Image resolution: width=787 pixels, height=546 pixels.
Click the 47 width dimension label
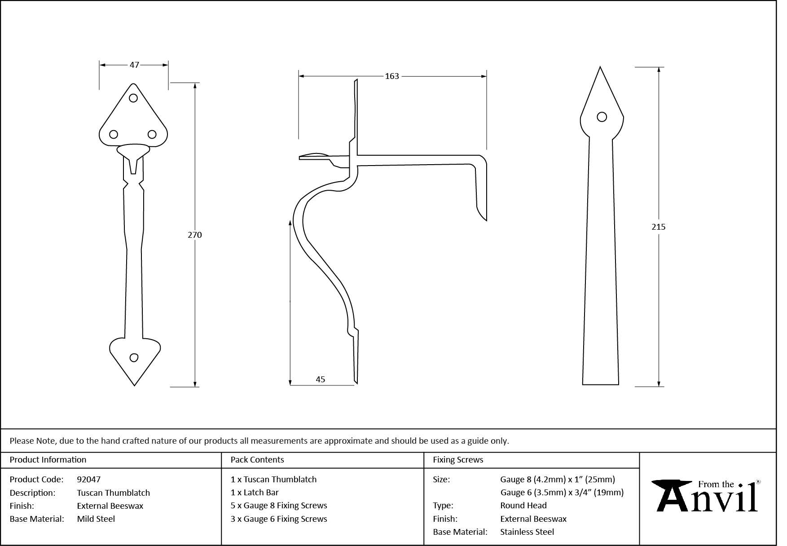(134, 65)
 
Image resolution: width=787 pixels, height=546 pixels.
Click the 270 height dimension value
(194, 235)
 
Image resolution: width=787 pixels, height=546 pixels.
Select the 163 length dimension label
(391, 76)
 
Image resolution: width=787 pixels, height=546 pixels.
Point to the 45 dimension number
(320, 379)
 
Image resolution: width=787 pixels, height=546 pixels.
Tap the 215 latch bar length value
(658, 227)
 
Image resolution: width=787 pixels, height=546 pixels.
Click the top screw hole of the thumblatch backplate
(133, 98)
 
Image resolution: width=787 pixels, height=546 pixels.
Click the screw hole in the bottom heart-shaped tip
(134, 358)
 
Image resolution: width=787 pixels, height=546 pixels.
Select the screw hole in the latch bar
(602, 117)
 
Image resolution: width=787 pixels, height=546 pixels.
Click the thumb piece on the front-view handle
(133, 150)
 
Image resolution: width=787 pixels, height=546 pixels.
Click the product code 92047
(89, 479)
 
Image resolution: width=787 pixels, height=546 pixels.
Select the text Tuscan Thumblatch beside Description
(113, 493)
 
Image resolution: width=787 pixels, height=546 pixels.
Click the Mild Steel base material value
(96, 519)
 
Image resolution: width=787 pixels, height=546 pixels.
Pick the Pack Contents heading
(257, 459)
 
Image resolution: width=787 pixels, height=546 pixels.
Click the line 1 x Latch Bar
(255, 492)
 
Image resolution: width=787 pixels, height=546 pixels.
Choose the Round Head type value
(523, 505)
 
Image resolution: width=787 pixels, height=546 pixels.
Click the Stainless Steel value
(527, 532)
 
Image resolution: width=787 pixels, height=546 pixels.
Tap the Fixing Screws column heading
(457, 459)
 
